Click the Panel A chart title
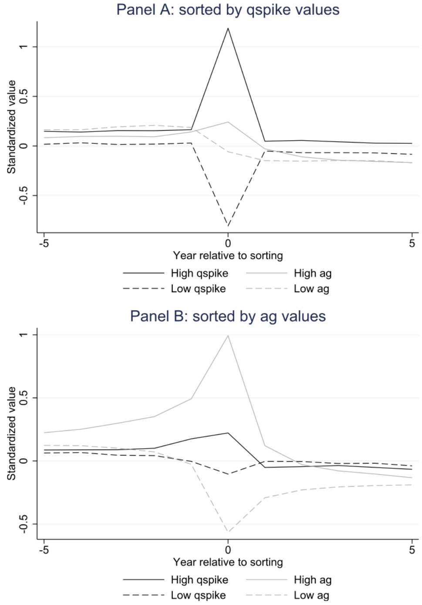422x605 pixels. [x=228, y=10]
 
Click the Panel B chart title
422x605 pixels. [x=228, y=316]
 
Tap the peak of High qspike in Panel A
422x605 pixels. [x=228, y=28]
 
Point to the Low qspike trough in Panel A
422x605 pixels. [x=228, y=226]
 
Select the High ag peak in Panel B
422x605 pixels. [x=228, y=335]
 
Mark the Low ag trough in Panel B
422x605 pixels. [x=228, y=532]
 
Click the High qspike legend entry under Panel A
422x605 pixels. [x=199, y=273]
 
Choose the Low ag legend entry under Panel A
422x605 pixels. [x=311, y=288]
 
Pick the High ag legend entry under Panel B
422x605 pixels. [x=312, y=580]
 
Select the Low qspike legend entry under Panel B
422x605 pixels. [x=198, y=595]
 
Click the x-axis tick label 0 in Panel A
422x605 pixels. [x=228, y=243]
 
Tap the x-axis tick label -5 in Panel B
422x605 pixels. [x=44, y=550]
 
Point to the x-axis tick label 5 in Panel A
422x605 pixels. [x=412, y=243]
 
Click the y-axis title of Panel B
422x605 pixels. [x=11, y=433]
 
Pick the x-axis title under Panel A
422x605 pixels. [x=228, y=255]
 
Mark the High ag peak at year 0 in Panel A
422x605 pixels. [x=228, y=122]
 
